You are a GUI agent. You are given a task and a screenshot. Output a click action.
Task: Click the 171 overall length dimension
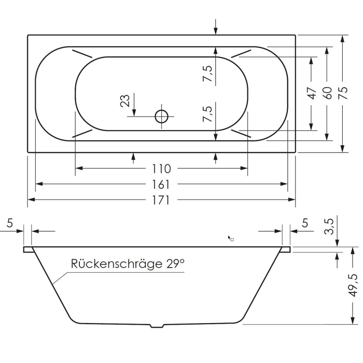161,200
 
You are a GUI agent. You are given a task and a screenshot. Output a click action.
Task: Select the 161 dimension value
161,184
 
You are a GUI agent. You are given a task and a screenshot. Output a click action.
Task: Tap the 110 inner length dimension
161,169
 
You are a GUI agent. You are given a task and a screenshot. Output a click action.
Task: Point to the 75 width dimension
342,94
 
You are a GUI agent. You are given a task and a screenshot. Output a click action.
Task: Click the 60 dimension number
327,93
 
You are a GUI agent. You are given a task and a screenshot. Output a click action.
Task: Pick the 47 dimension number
311,93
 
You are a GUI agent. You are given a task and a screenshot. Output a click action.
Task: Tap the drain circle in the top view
162,116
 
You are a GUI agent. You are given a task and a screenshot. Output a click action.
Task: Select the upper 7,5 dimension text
207,74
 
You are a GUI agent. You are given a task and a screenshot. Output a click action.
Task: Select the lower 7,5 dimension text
207,113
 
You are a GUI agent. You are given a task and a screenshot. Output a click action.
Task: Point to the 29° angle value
176,264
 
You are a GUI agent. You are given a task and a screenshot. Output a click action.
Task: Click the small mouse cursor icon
230,238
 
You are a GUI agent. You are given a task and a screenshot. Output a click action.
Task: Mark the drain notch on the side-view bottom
157,326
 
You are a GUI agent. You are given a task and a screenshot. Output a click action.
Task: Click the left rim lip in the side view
28,249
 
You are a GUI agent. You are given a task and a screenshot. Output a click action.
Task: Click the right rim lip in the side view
286,249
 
